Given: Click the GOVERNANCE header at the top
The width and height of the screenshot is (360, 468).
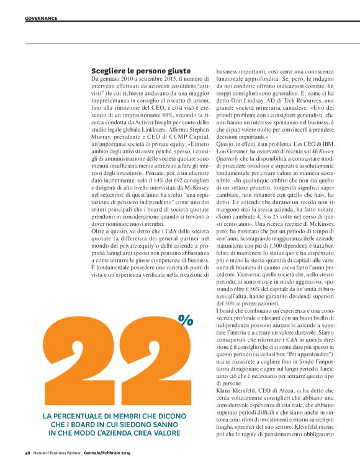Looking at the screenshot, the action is [x=41, y=18].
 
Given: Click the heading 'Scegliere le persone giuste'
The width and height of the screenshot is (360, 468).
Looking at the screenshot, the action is [x=141, y=71].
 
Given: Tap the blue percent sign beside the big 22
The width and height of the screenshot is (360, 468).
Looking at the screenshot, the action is [x=185, y=320].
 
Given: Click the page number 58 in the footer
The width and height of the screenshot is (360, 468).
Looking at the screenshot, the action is [x=28, y=454].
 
